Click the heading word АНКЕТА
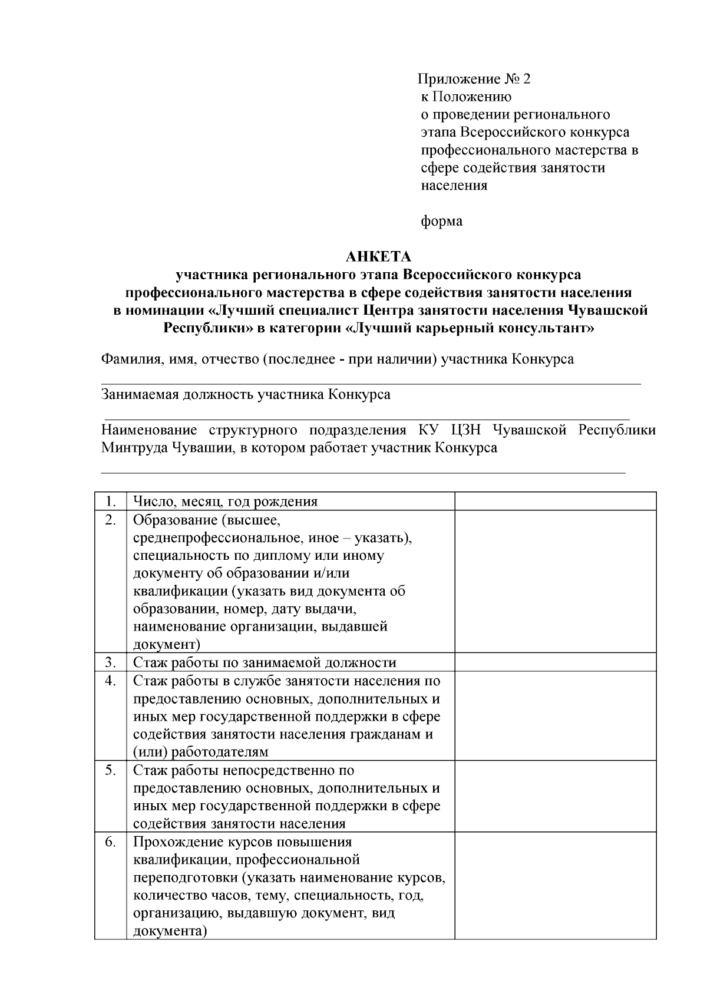pos(378,257)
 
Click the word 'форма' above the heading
pos(441,222)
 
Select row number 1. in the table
pos(110,501)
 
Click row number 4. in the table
pos(110,681)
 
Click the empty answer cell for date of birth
pos(555,501)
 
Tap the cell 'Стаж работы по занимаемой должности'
pos(265,663)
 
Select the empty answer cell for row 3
pos(555,662)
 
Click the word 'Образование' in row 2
pos(168,520)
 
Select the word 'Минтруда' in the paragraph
pos(134,448)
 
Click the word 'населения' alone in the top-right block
pos(454,186)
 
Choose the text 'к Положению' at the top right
pos(466,97)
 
